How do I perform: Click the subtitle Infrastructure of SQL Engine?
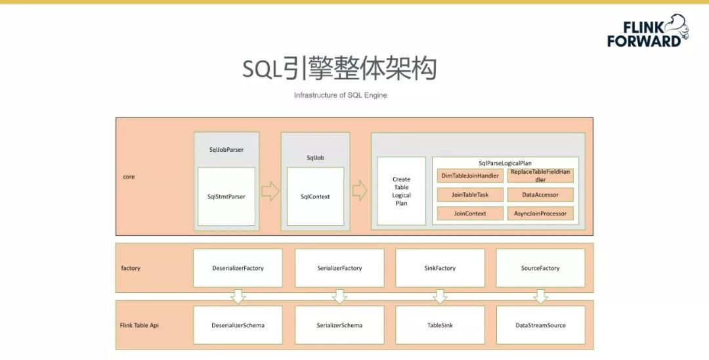[340, 95]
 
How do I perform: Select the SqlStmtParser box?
[226, 196]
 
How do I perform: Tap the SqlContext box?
[315, 196]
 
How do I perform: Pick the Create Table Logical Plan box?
[401, 191]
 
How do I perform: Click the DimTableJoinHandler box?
[470, 175]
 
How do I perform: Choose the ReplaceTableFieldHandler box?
[540, 175]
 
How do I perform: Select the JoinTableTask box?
[470, 194]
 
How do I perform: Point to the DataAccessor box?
[540, 194]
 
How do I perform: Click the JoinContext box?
[470, 214]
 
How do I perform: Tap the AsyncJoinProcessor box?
[540, 214]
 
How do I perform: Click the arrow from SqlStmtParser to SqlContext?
[270, 192]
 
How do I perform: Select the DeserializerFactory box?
[238, 268]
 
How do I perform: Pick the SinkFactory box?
[440, 268]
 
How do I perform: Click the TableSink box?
[440, 325]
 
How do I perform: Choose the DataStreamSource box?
[540, 325]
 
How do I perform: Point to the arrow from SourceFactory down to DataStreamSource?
[540, 296]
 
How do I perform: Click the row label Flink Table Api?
[139, 325]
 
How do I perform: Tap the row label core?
[129, 177]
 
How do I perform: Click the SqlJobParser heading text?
[226, 150]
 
